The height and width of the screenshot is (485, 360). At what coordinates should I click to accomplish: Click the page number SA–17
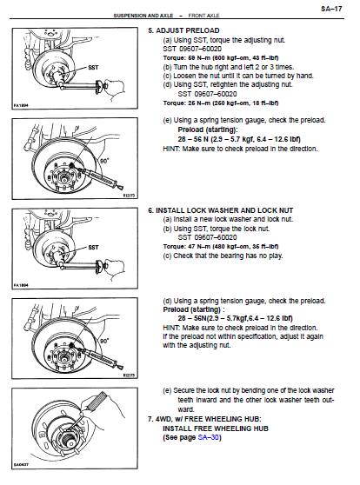pyautogui.click(x=331, y=9)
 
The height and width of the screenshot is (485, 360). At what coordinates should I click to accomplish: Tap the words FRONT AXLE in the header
pyautogui.click(x=203, y=15)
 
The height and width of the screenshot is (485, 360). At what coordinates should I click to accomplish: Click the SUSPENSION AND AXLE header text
pyautogui.click(x=143, y=15)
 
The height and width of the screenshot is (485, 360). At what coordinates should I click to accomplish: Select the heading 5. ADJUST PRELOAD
pyautogui.click(x=183, y=30)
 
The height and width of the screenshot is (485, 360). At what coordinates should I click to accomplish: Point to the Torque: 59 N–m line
pyautogui.click(x=221, y=58)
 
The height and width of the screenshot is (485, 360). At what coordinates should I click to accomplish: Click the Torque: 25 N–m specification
pyautogui.click(x=221, y=103)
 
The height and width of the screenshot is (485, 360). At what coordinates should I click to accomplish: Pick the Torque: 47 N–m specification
pyautogui.click(x=221, y=247)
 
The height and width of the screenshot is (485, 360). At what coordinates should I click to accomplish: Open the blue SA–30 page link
pyautogui.click(x=209, y=437)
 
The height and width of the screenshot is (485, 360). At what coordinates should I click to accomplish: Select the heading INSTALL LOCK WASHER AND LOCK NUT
pyautogui.click(x=224, y=210)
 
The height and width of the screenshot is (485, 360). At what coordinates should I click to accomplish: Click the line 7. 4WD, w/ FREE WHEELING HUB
pyautogui.click(x=204, y=419)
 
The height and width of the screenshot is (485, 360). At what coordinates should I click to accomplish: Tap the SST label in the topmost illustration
pyautogui.click(x=93, y=68)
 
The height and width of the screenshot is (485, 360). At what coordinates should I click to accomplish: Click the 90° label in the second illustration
pyautogui.click(x=104, y=161)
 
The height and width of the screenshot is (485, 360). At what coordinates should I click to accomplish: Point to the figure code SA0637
pyautogui.click(x=21, y=465)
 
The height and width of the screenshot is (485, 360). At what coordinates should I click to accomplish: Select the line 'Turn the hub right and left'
pyautogui.click(x=229, y=67)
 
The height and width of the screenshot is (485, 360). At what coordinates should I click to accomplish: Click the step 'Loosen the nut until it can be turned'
pyautogui.click(x=238, y=76)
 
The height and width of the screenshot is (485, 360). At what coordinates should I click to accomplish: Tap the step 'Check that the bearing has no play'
pyautogui.click(x=223, y=256)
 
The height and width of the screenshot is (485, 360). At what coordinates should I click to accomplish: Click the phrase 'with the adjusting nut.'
pyautogui.click(x=197, y=345)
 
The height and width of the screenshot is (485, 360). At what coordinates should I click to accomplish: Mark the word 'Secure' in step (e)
pyautogui.click(x=183, y=390)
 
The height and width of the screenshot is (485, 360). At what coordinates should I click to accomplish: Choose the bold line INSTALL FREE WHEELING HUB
pyautogui.click(x=216, y=429)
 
